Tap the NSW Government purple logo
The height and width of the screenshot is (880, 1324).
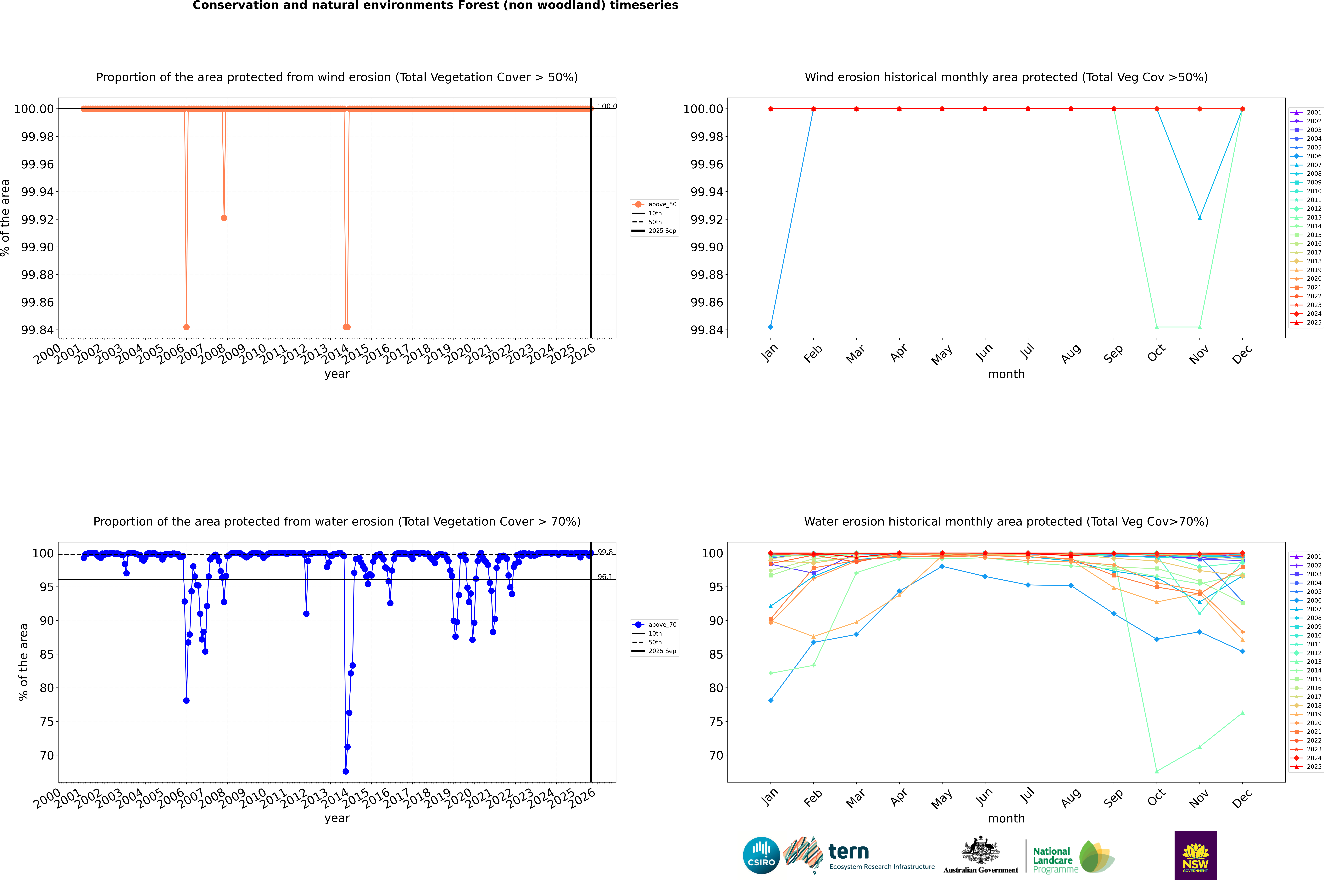point(1195,855)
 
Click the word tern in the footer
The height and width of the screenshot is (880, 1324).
point(849,852)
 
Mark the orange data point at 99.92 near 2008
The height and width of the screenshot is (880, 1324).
point(224,218)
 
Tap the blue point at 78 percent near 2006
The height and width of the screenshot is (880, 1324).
point(186,700)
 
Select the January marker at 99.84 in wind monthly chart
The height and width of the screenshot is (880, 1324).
point(771,327)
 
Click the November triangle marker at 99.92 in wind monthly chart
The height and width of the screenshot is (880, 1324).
point(1199,218)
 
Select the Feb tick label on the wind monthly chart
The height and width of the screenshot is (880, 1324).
point(813,354)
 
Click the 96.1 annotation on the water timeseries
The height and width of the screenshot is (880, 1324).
point(604,577)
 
